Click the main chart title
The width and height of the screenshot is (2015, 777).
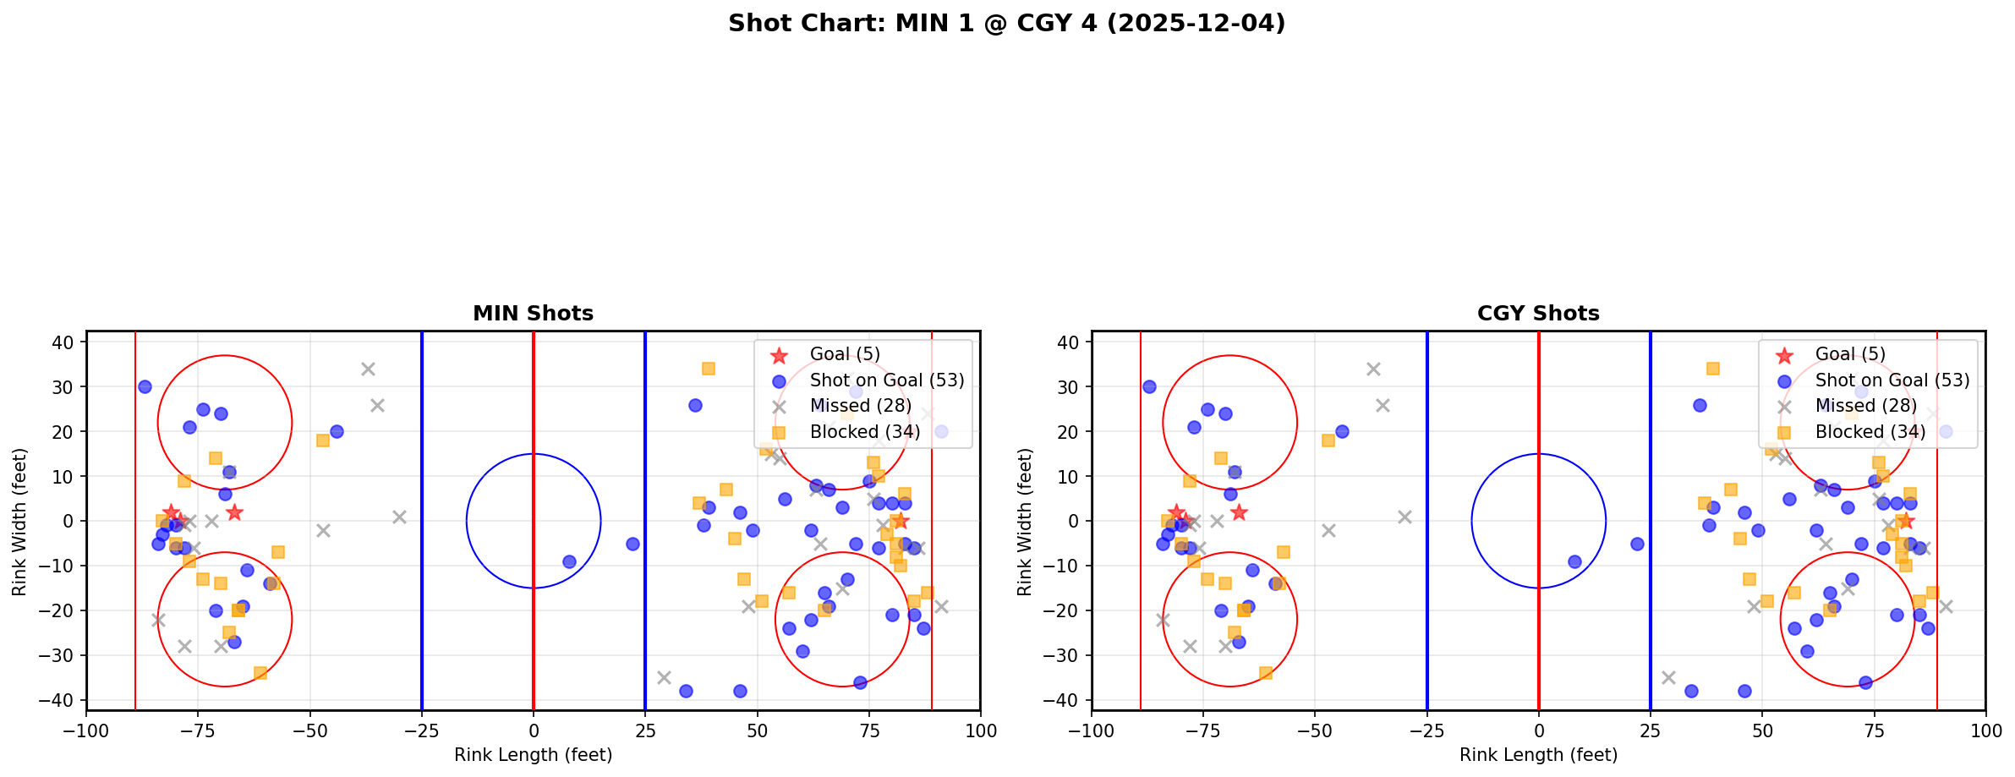[1006, 24]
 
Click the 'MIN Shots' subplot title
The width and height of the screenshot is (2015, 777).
[533, 314]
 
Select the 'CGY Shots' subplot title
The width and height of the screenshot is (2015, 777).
[1538, 314]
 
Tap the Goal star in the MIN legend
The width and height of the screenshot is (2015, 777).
[779, 355]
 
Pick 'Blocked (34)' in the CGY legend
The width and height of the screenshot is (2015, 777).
[1870, 432]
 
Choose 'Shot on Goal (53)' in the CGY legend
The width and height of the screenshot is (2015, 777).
[1892, 380]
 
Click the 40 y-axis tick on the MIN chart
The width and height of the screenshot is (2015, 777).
[68, 342]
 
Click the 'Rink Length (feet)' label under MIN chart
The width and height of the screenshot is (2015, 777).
[533, 755]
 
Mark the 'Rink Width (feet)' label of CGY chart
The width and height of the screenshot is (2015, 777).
[1025, 522]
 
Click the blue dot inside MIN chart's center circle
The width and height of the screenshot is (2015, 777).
[569, 561]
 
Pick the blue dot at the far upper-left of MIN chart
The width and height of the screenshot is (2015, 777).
[145, 386]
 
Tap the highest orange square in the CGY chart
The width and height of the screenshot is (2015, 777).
[1712, 369]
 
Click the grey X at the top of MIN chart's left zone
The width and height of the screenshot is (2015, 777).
[368, 369]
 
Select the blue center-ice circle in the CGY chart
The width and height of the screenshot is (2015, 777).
[1471, 522]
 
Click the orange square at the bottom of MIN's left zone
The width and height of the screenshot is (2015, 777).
[260, 673]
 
